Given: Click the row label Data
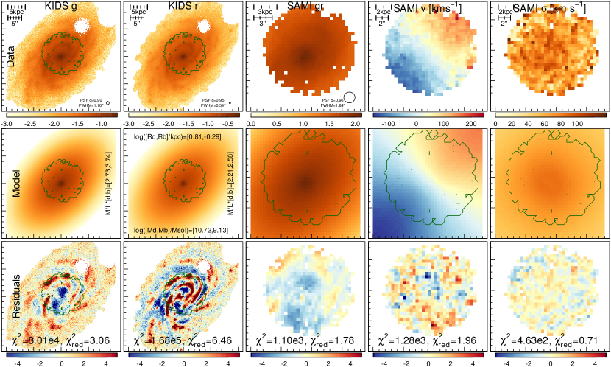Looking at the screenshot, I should (x=11, y=57).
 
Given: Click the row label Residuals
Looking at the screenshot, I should (x=11, y=300).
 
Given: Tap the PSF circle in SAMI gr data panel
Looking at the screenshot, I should (x=350, y=97).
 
